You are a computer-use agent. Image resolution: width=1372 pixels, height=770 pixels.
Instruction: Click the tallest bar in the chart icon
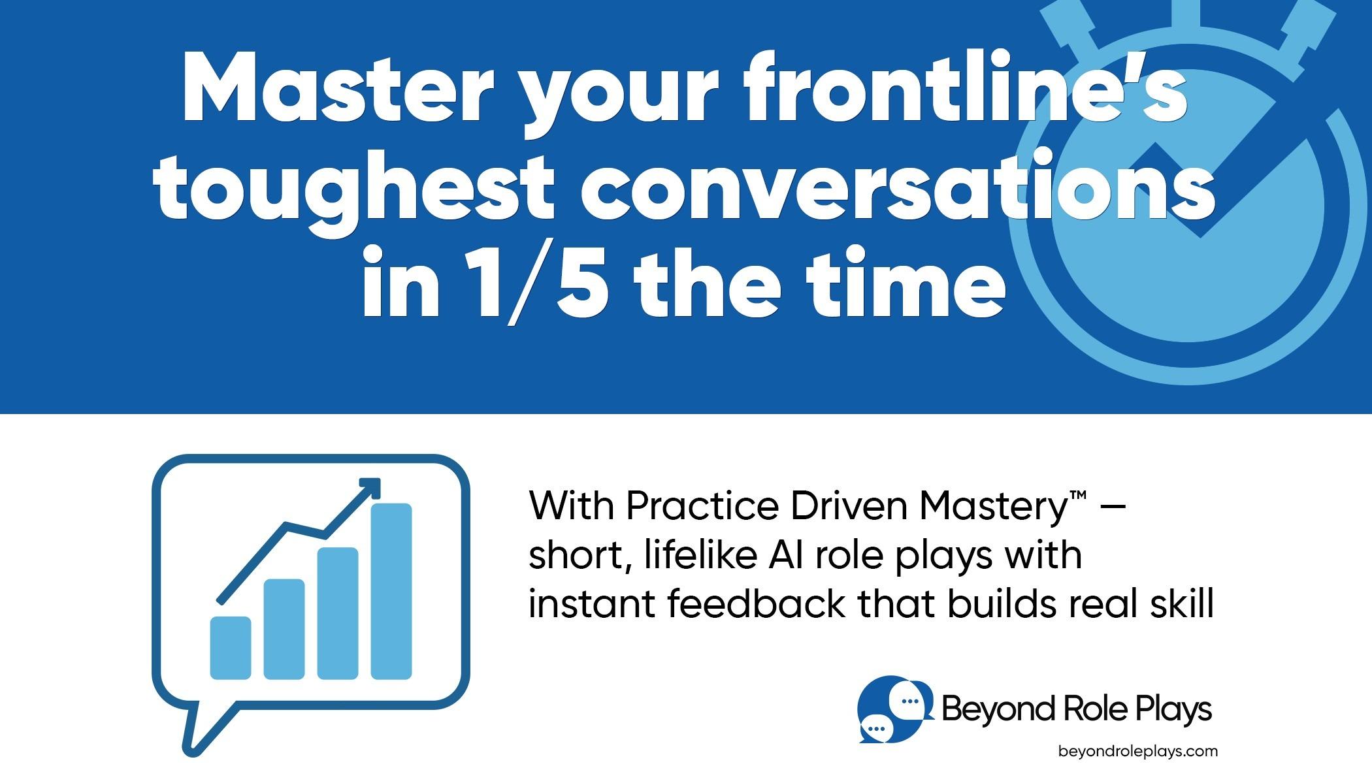391,591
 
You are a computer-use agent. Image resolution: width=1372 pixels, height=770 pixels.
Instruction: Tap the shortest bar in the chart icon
231,647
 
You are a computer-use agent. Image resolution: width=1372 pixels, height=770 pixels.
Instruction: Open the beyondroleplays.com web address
1137,751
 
